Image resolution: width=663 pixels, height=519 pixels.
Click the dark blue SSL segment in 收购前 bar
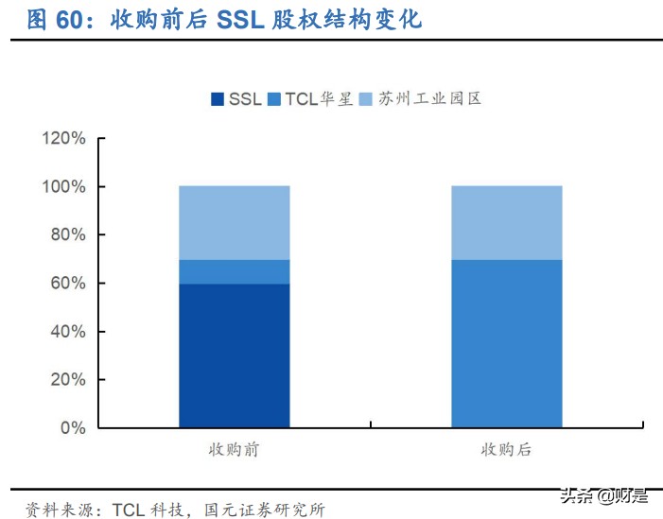coord(234,355)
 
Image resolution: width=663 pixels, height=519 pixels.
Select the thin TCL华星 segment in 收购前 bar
coord(234,271)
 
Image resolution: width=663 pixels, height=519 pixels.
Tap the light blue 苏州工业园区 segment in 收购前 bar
coord(234,222)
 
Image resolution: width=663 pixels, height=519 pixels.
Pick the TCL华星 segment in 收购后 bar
coord(506,343)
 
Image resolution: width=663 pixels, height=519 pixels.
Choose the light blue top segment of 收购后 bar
coord(506,222)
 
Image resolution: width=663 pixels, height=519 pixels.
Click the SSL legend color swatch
coord(218,99)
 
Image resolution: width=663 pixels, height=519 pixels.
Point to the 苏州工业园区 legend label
coord(429,99)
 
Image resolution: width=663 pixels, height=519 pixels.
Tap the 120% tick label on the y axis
coord(63,139)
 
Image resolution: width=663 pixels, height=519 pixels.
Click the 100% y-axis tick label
coord(63,187)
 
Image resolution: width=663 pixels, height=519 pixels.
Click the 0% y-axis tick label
coord(72,428)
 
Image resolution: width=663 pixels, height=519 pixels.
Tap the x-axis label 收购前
coord(234,450)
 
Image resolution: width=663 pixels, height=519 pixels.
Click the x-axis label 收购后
coord(506,450)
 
